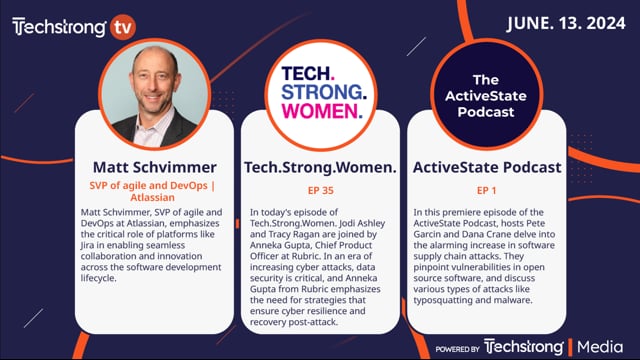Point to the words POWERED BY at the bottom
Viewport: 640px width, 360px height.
[457, 347]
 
